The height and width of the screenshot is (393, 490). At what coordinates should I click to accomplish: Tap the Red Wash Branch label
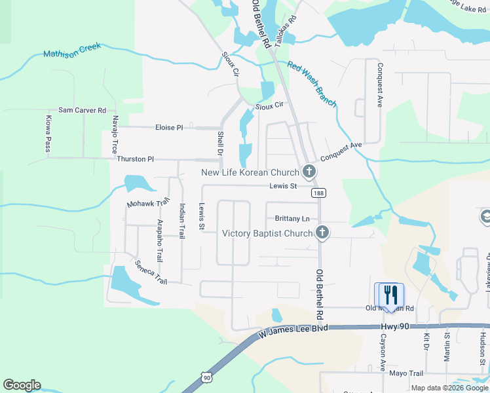(x=312, y=84)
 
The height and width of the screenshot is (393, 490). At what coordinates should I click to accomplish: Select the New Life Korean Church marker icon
(x=309, y=172)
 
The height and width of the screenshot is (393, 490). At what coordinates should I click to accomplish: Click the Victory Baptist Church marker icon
(x=322, y=233)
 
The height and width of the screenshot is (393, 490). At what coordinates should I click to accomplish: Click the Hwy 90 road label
(x=395, y=326)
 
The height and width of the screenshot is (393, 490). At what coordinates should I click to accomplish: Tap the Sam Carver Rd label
(x=82, y=111)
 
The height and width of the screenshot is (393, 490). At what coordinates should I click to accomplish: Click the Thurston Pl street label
(x=135, y=159)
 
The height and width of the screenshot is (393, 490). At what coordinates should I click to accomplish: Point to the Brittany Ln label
(x=292, y=218)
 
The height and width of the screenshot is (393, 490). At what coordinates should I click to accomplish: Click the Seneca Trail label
(x=151, y=272)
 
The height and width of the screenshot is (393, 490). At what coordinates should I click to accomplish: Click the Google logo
(x=22, y=385)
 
